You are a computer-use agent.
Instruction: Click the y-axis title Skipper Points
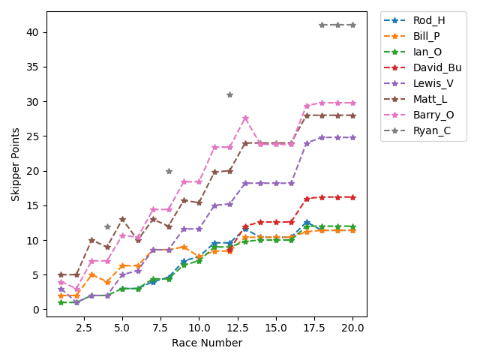coord(15,160)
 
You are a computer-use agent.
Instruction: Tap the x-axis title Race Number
coord(206,343)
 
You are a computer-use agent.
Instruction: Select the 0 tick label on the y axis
coord(37,310)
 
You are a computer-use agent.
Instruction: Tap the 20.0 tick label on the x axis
coord(352,328)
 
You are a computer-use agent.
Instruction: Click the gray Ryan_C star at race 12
coord(229,94)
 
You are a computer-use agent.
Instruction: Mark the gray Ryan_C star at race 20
coord(352,25)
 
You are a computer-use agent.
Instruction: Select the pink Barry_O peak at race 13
coord(245,118)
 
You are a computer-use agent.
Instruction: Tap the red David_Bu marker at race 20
coord(352,197)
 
